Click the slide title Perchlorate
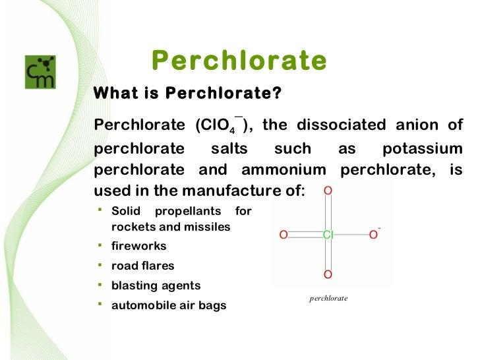pos(239,61)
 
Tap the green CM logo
pos(41,72)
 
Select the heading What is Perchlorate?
pos(188,94)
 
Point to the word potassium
pos(422,148)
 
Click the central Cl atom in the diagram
pos(328,234)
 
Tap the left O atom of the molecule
pos(284,234)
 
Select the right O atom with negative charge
pos(373,234)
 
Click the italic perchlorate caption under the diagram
pos(328,298)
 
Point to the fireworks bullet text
pos(138,246)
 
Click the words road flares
pos(142,266)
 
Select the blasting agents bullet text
pos(156,285)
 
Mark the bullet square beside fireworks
pos(99,245)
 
